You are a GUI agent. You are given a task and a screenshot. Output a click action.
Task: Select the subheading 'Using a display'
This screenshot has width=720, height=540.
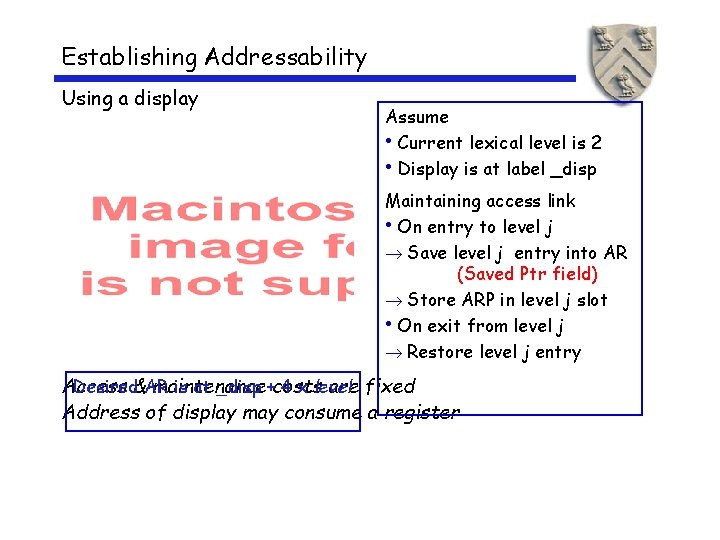point(130,98)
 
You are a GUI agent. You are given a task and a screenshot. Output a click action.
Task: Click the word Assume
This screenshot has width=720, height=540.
point(417,117)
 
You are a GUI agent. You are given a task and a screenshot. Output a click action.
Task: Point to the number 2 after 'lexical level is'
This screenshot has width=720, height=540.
point(596,143)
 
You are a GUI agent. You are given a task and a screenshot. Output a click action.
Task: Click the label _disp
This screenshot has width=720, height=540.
point(574,169)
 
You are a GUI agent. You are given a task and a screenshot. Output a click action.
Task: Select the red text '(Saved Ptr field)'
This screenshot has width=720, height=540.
point(527,273)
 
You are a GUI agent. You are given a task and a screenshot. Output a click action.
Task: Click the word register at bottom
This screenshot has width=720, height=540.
point(422,412)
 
